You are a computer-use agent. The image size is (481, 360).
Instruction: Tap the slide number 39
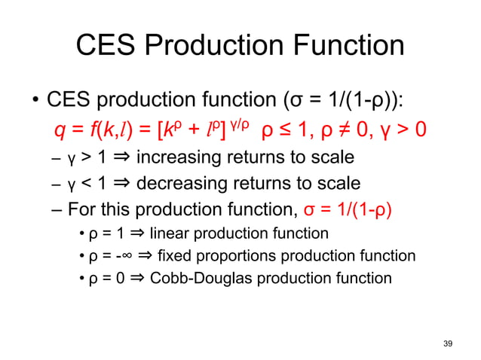coord(449,343)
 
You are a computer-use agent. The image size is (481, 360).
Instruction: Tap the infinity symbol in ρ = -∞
coord(124,256)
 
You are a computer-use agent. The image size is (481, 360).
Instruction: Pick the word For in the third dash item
coord(81,208)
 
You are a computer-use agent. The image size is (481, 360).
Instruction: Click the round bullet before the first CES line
coord(35,101)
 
